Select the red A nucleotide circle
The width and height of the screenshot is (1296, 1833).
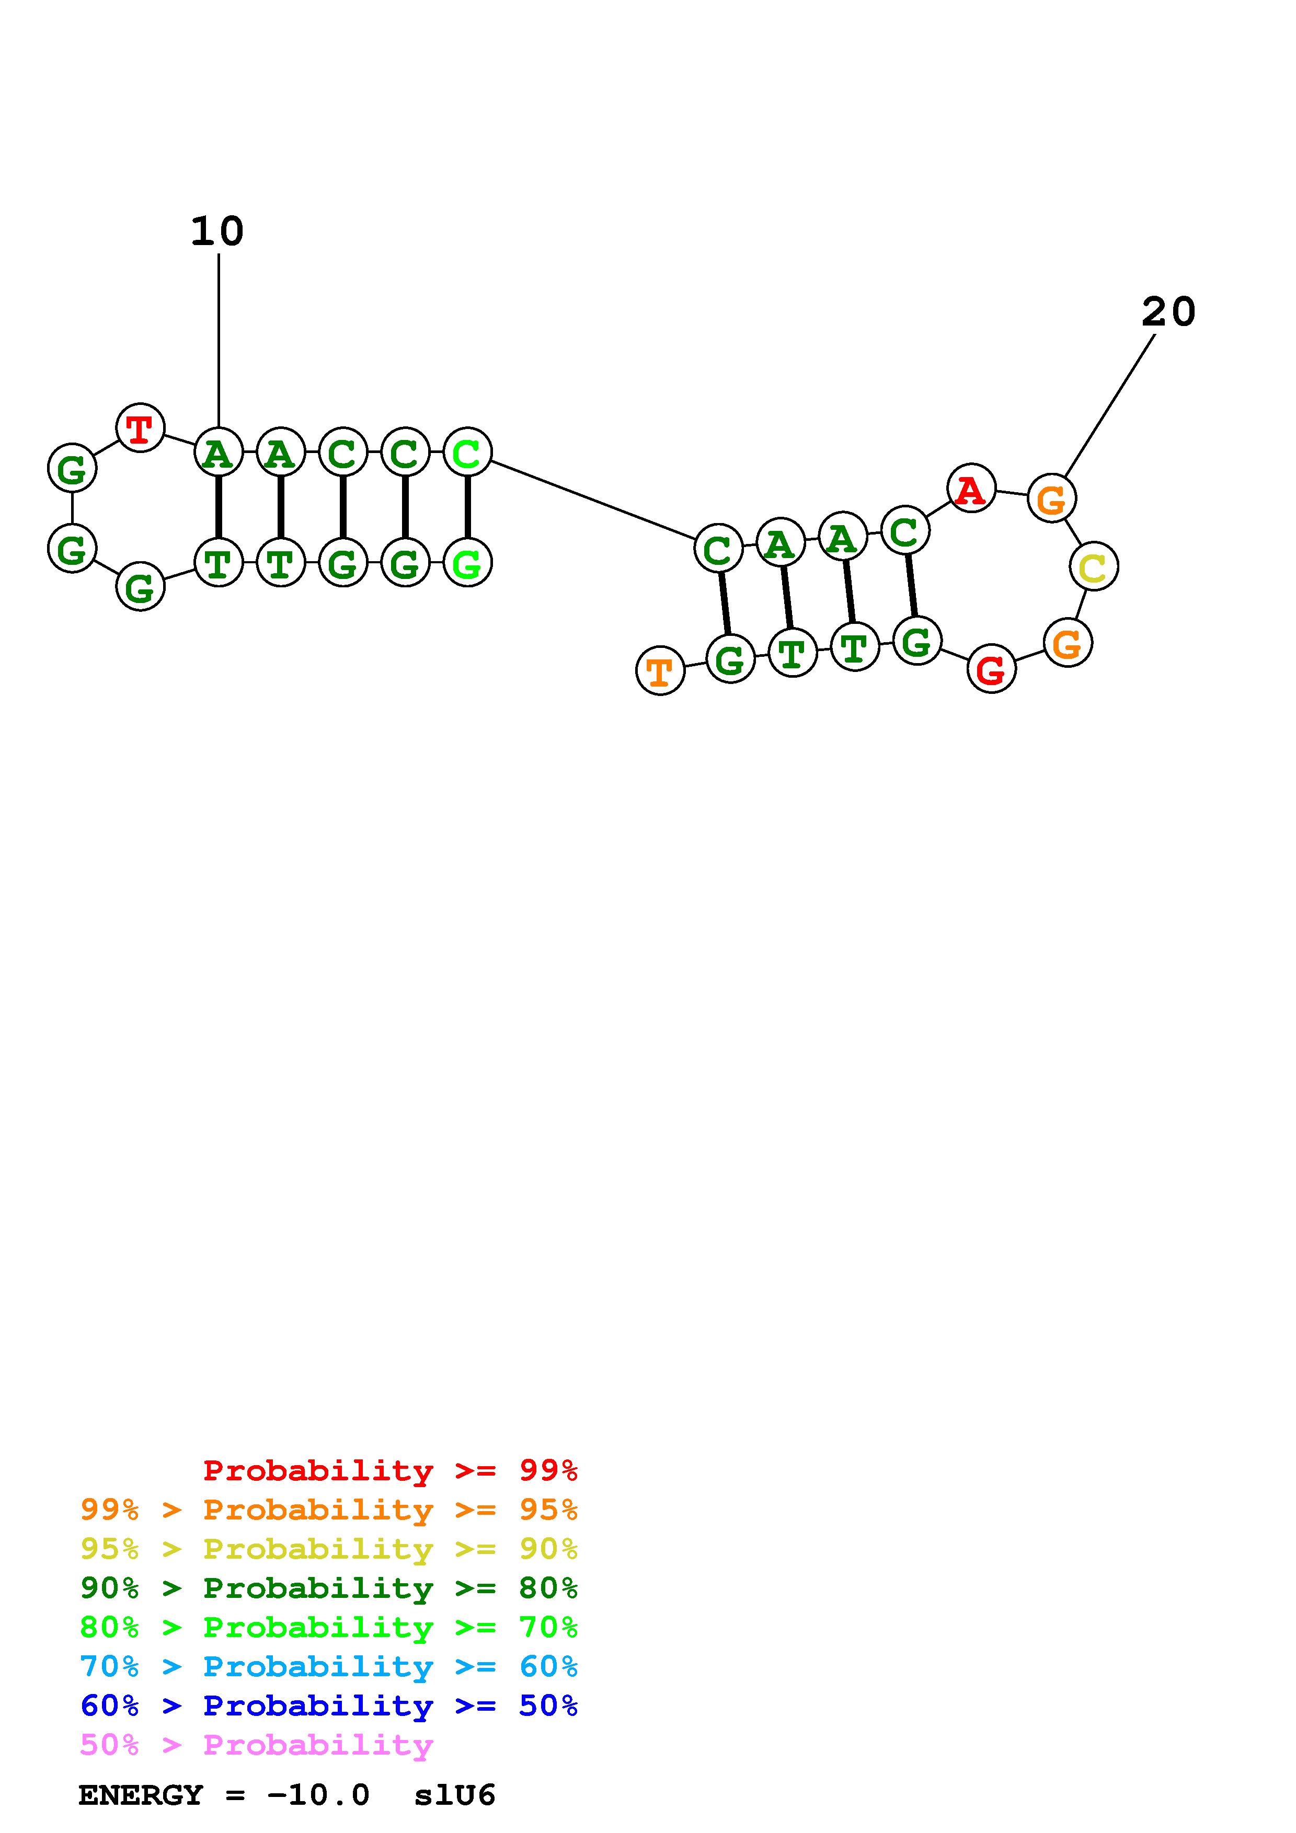[970, 488]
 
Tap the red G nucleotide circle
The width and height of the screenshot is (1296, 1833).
[991, 669]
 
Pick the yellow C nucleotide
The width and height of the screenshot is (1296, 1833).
[1093, 567]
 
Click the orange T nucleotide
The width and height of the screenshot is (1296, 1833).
[660, 670]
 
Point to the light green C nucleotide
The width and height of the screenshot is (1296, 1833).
[467, 452]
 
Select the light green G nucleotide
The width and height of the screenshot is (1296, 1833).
[467, 562]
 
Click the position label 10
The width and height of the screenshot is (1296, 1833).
[217, 231]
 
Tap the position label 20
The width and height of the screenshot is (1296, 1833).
[1168, 311]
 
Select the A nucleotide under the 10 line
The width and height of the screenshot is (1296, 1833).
[218, 453]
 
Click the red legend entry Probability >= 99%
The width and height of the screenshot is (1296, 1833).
[389, 1470]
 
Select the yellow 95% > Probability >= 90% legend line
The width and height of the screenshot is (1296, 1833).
[328, 1548]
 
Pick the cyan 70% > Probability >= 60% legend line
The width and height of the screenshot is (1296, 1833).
[328, 1666]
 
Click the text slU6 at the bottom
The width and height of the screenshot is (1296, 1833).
[454, 1795]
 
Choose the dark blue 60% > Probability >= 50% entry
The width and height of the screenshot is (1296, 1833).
[328, 1706]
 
